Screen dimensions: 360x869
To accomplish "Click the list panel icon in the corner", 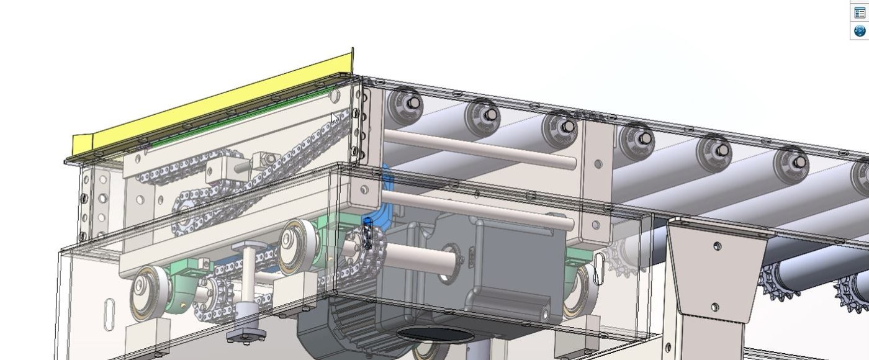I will (x=860, y=12).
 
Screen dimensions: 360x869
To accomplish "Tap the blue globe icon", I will (x=860, y=30).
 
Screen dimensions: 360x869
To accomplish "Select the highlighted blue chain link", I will (x=367, y=234).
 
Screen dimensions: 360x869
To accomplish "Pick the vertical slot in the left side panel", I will (x=110, y=310).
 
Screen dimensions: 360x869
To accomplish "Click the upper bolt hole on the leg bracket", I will (x=718, y=246).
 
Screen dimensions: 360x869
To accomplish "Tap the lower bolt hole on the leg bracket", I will (x=714, y=307).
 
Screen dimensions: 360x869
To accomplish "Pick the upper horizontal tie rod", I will (x=478, y=150).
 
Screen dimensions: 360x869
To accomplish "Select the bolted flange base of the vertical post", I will (x=246, y=335).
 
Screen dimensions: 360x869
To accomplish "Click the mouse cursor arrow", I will (x=335, y=117).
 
